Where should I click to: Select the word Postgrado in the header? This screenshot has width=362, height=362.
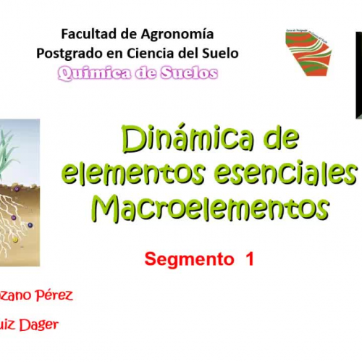click(x=66, y=53)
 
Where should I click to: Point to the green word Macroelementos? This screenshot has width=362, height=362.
click(x=209, y=208)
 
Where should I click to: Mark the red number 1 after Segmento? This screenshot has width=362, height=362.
click(x=250, y=258)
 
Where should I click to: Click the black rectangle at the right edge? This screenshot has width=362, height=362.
click(x=358, y=72)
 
